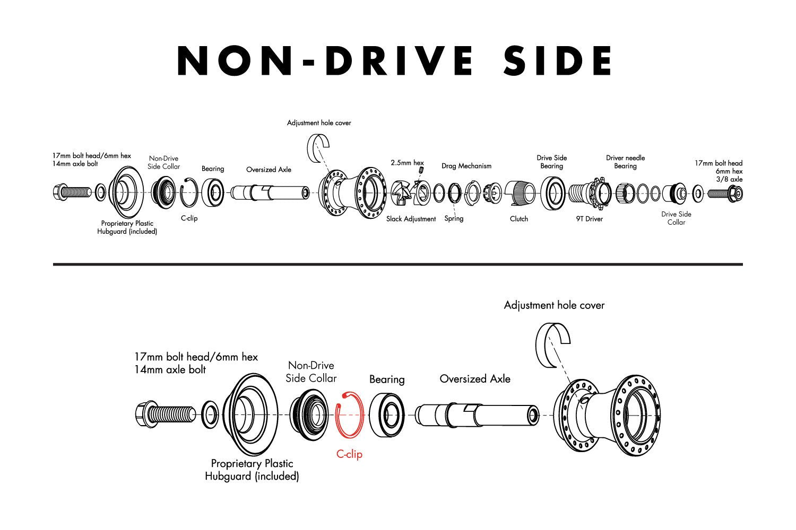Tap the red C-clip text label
(x=349, y=454)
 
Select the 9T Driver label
(x=589, y=219)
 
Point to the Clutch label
(x=518, y=219)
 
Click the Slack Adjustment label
(x=411, y=219)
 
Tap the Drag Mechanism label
(x=466, y=166)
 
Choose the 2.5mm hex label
(x=407, y=163)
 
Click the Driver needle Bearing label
(x=625, y=162)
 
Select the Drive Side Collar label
(x=676, y=218)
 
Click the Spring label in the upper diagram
(x=454, y=218)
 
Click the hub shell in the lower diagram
(x=608, y=413)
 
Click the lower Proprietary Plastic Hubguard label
(x=252, y=470)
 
